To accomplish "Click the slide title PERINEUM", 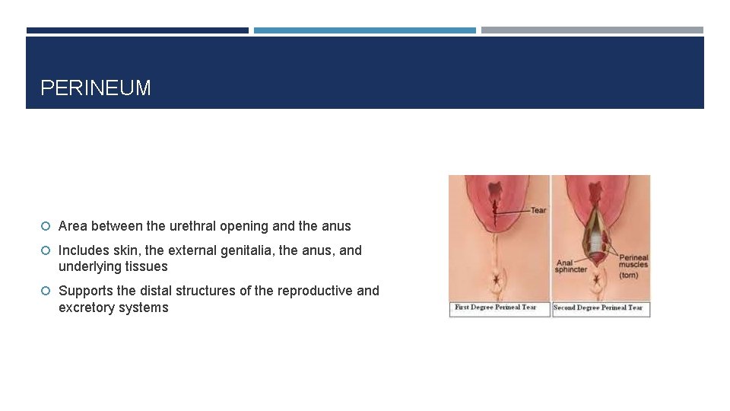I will (x=96, y=88).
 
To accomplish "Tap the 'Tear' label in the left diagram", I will (x=538, y=210).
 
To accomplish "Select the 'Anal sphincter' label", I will (x=571, y=266).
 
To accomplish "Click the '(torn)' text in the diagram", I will (x=630, y=275).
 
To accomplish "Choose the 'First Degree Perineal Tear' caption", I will (x=496, y=307).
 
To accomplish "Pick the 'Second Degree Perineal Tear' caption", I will (x=598, y=307).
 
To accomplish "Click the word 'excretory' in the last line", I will (x=86, y=307).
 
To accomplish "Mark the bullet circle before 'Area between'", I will (x=46, y=226).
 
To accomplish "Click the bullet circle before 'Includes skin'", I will (x=46, y=250).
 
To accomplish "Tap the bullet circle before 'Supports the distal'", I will (x=46, y=291).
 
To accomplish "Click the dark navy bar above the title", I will (x=138, y=30).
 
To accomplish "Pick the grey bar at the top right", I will (x=592, y=30).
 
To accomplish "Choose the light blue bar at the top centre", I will (x=365, y=30).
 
